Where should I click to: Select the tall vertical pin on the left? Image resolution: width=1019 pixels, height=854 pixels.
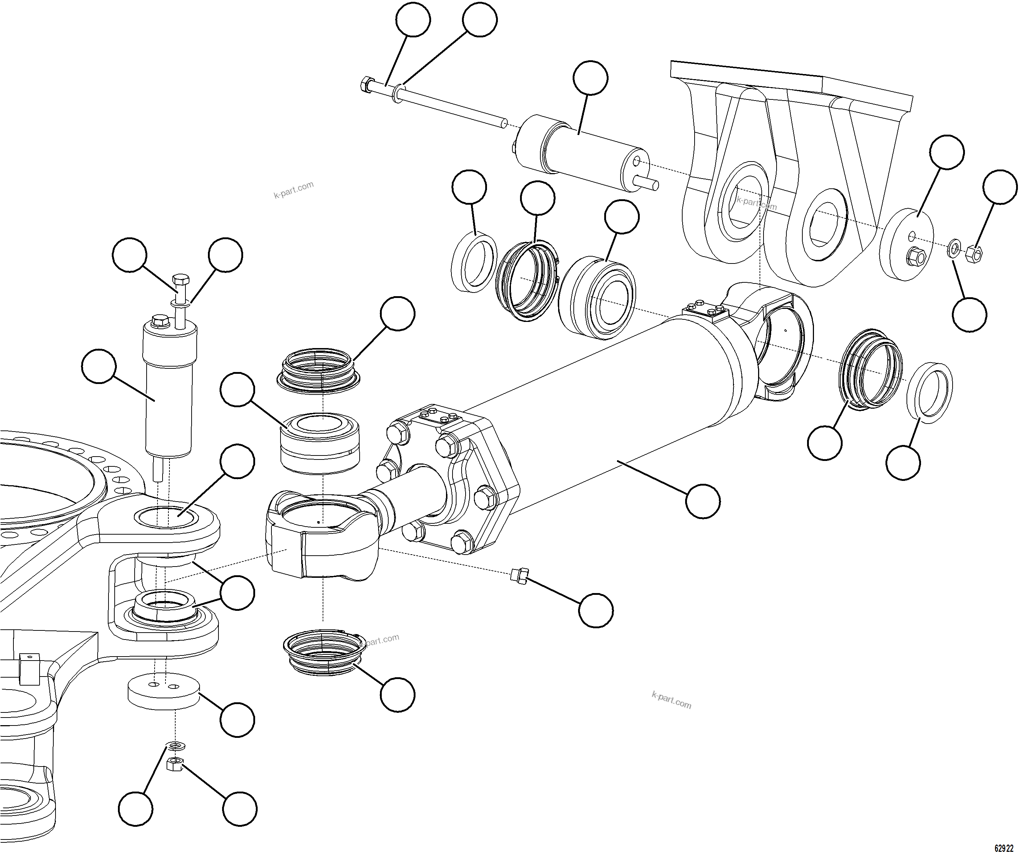[168, 388]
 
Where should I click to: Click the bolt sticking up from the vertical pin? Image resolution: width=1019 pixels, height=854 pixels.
[180, 286]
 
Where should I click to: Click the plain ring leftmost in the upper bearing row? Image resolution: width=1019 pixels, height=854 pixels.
[474, 262]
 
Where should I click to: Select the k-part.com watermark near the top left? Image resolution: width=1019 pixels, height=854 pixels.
[294, 190]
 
